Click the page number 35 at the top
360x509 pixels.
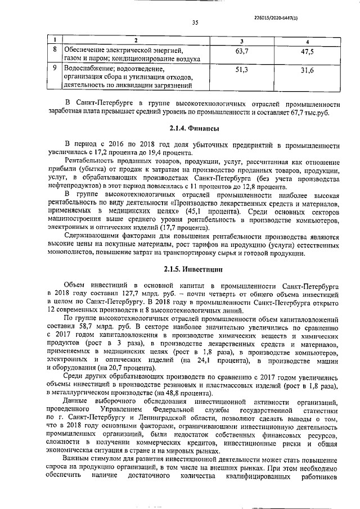(195, 23)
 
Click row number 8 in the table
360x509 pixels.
(53, 50)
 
